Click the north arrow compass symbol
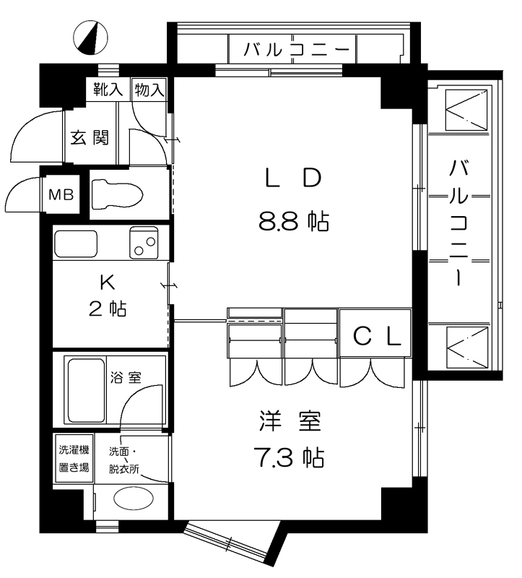click(90, 38)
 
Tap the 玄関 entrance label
click(90, 137)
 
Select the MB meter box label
click(61, 194)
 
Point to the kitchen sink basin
click(76, 243)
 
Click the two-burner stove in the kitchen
click(144, 242)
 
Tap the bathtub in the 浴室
click(85, 390)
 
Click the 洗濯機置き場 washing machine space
click(74, 458)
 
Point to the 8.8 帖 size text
click(294, 222)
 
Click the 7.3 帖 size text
click(289, 457)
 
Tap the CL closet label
click(377, 336)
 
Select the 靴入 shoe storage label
click(108, 89)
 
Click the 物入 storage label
click(149, 90)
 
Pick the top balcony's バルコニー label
click(296, 49)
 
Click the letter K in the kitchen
click(107, 282)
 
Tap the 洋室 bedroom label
click(291, 421)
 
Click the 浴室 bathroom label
click(126, 377)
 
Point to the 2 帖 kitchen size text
click(108, 309)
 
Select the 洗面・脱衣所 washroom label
click(123, 460)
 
